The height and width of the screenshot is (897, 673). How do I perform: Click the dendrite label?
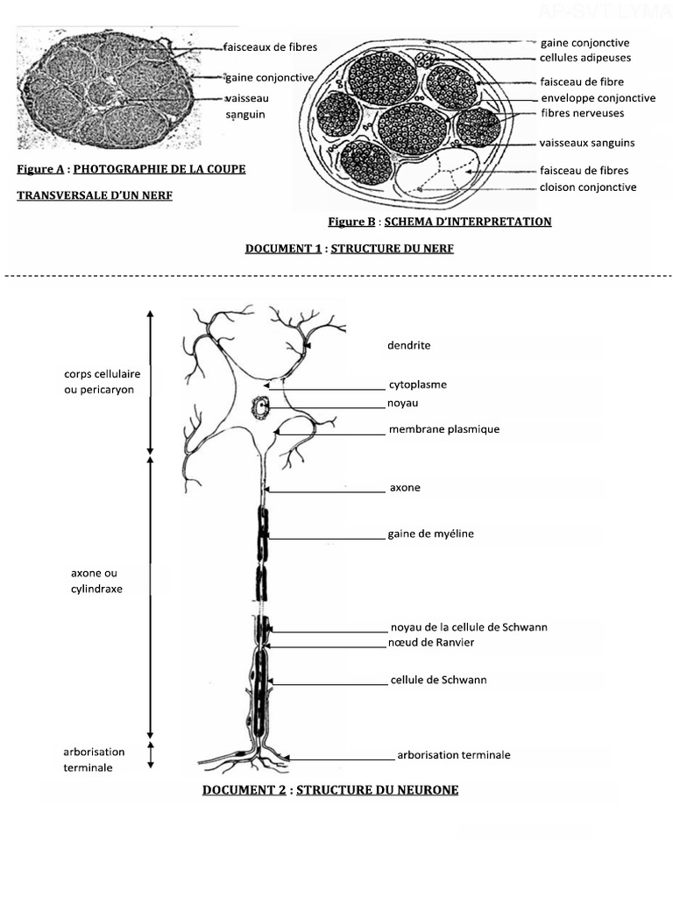[408, 345]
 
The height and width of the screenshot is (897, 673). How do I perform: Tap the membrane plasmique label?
[443, 429]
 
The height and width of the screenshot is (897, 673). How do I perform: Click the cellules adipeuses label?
[585, 58]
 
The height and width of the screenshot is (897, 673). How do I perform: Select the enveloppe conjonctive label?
[598, 98]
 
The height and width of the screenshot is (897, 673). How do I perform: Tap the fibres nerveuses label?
[583, 113]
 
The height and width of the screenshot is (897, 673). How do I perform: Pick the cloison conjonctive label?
[588, 187]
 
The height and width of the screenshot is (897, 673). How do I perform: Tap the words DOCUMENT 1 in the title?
[283, 249]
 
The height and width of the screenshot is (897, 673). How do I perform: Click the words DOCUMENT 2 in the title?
[244, 790]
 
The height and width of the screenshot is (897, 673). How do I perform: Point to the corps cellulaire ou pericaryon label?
[99, 381]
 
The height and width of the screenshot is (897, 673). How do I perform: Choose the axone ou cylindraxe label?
[96, 581]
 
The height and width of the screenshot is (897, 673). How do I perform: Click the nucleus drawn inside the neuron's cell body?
[260, 407]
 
